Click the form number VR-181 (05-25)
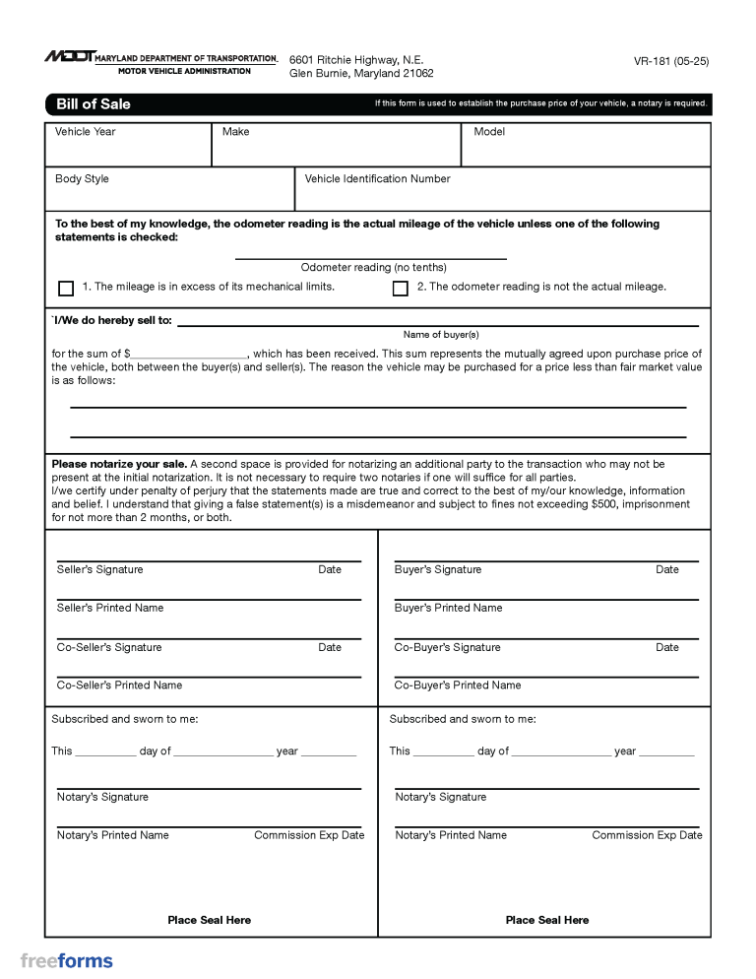(671, 61)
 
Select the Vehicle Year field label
(86, 132)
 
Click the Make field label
(236, 132)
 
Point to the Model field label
(489, 132)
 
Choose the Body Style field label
(82, 179)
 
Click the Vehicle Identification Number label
(378, 179)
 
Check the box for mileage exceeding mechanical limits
(66, 289)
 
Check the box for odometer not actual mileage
(400, 289)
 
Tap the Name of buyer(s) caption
(441, 335)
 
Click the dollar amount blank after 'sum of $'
(188, 354)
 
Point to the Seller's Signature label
(99, 570)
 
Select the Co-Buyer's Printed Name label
(458, 685)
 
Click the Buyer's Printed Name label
(448, 609)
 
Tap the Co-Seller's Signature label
(109, 648)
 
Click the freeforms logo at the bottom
(67, 961)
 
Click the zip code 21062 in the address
(416, 74)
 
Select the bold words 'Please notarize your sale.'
(119, 464)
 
